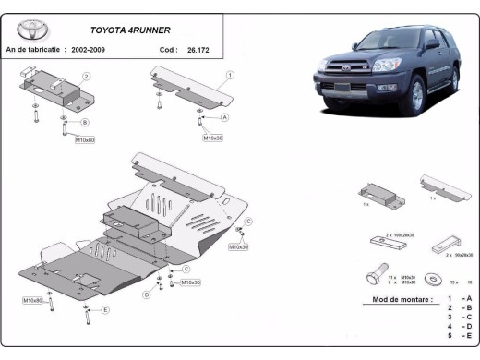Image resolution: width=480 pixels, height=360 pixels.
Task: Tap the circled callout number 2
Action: (86, 76)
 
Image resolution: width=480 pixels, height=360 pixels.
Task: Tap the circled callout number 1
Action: (229, 74)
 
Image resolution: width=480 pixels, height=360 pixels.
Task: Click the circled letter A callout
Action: (225, 118)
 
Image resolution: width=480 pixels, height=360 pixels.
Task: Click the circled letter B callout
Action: (85, 122)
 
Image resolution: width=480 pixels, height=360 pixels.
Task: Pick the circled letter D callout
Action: (146, 294)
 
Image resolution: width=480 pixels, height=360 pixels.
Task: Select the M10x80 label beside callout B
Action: (85, 140)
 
